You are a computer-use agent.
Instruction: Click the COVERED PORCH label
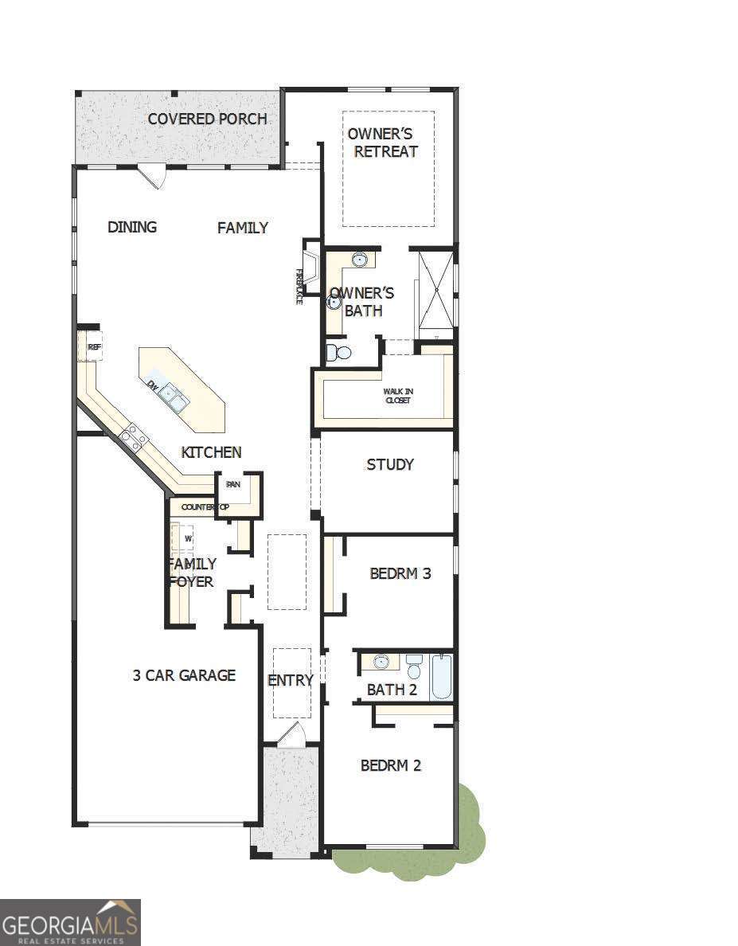[207, 119]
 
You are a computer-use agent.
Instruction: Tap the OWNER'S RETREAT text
[385, 143]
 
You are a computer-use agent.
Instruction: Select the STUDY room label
[389, 464]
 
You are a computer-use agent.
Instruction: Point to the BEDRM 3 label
[400, 573]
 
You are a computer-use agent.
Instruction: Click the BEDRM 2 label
[390, 765]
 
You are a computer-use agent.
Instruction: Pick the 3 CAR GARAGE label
[184, 675]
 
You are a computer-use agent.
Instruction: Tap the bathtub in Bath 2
[441, 676]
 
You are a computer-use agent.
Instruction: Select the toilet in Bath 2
[414, 666]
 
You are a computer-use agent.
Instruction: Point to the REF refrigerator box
[94, 347]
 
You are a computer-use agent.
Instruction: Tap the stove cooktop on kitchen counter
[134, 438]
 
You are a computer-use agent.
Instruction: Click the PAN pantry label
[233, 484]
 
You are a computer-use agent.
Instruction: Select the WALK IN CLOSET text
[397, 396]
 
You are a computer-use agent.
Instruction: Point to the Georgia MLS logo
[70, 922]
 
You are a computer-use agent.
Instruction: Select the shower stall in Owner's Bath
[435, 288]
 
